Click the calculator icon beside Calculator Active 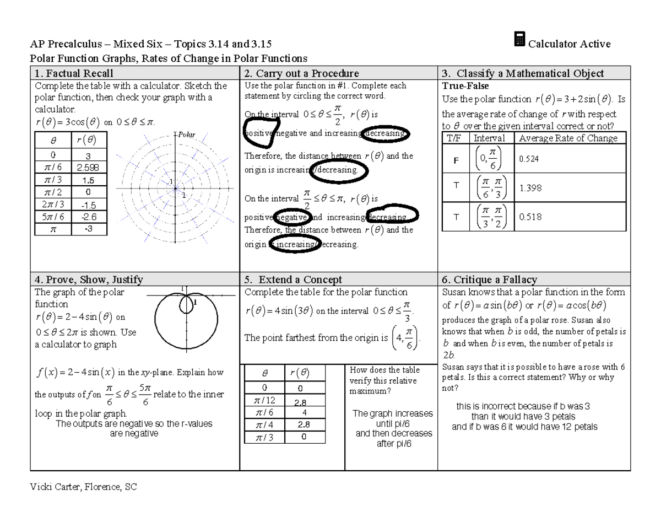click(x=518, y=40)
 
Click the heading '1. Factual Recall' click(x=74, y=73)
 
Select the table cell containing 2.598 click(x=88, y=168)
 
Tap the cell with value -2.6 click(x=88, y=217)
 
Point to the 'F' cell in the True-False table click(x=456, y=159)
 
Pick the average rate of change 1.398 click(x=530, y=188)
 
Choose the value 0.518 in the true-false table click(x=530, y=217)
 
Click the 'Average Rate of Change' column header click(x=568, y=138)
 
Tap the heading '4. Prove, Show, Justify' click(x=89, y=279)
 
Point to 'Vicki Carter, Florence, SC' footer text click(x=84, y=487)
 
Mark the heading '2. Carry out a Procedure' click(x=301, y=73)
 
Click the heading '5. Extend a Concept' click(x=293, y=279)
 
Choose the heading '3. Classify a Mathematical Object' click(x=523, y=73)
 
